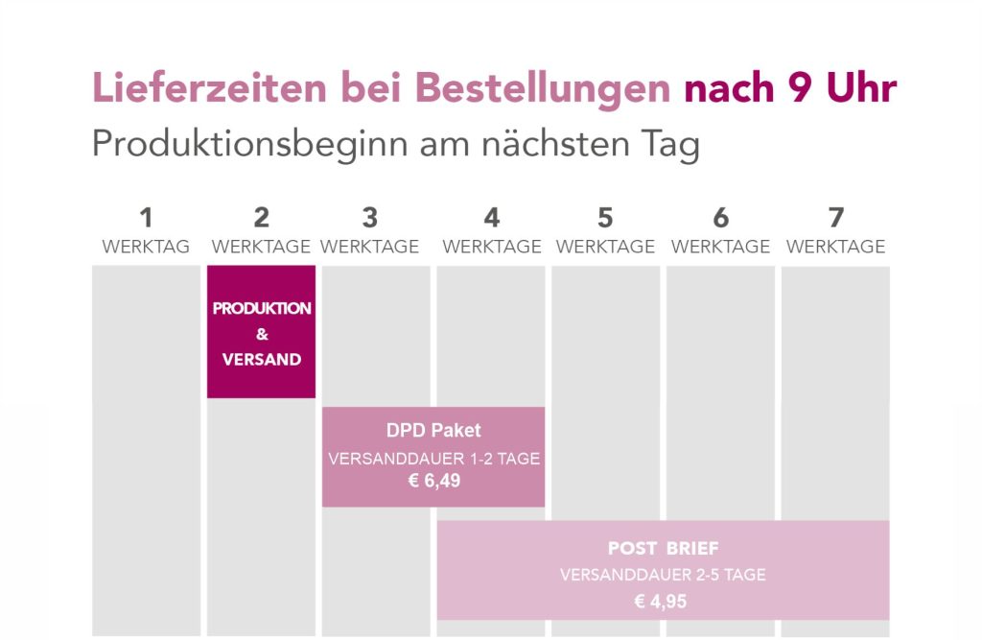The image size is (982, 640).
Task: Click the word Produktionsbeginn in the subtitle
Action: click(248, 145)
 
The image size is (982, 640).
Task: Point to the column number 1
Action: click(146, 217)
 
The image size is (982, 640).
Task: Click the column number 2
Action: click(262, 217)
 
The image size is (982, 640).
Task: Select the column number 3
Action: click(370, 217)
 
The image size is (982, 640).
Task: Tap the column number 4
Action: click(492, 217)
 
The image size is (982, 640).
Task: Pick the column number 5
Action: click(605, 217)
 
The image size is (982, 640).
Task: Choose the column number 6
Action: click(720, 217)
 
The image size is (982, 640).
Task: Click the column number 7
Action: click(835, 217)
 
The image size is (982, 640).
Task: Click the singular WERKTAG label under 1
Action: click(146, 247)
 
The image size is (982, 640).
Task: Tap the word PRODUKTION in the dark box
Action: click(262, 309)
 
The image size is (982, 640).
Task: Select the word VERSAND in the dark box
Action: click(262, 360)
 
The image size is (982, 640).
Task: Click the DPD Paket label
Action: click(433, 431)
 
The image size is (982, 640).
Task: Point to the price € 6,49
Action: click(433, 481)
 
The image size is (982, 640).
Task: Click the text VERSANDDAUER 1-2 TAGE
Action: click(433, 459)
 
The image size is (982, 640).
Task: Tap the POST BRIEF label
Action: click(663, 549)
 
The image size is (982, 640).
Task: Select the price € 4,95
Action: click(663, 602)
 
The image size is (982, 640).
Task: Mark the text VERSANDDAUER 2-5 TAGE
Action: click(663, 575)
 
